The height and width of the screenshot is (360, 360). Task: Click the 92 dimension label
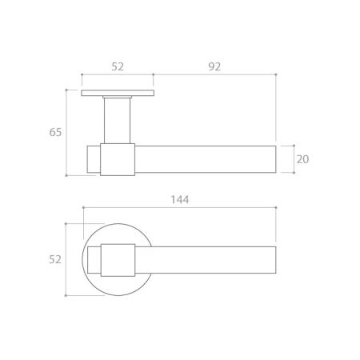(x=214, y=66)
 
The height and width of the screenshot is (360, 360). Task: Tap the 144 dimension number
(x=180, y=199)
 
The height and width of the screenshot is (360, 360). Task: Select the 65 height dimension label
(x=55, y=132)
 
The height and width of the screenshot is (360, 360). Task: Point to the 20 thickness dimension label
(x=302, y=159)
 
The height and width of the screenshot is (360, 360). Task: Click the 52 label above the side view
(x=118, y=66)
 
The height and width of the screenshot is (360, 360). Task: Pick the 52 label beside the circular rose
(x=55, y=259)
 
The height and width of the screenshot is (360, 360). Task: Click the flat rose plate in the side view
(x=118, y=93)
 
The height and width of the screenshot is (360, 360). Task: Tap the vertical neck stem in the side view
(x=118, y=121)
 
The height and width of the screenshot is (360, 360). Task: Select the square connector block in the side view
(x=118, y=159)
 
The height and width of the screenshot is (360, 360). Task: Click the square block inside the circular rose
(x=118, y=260)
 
